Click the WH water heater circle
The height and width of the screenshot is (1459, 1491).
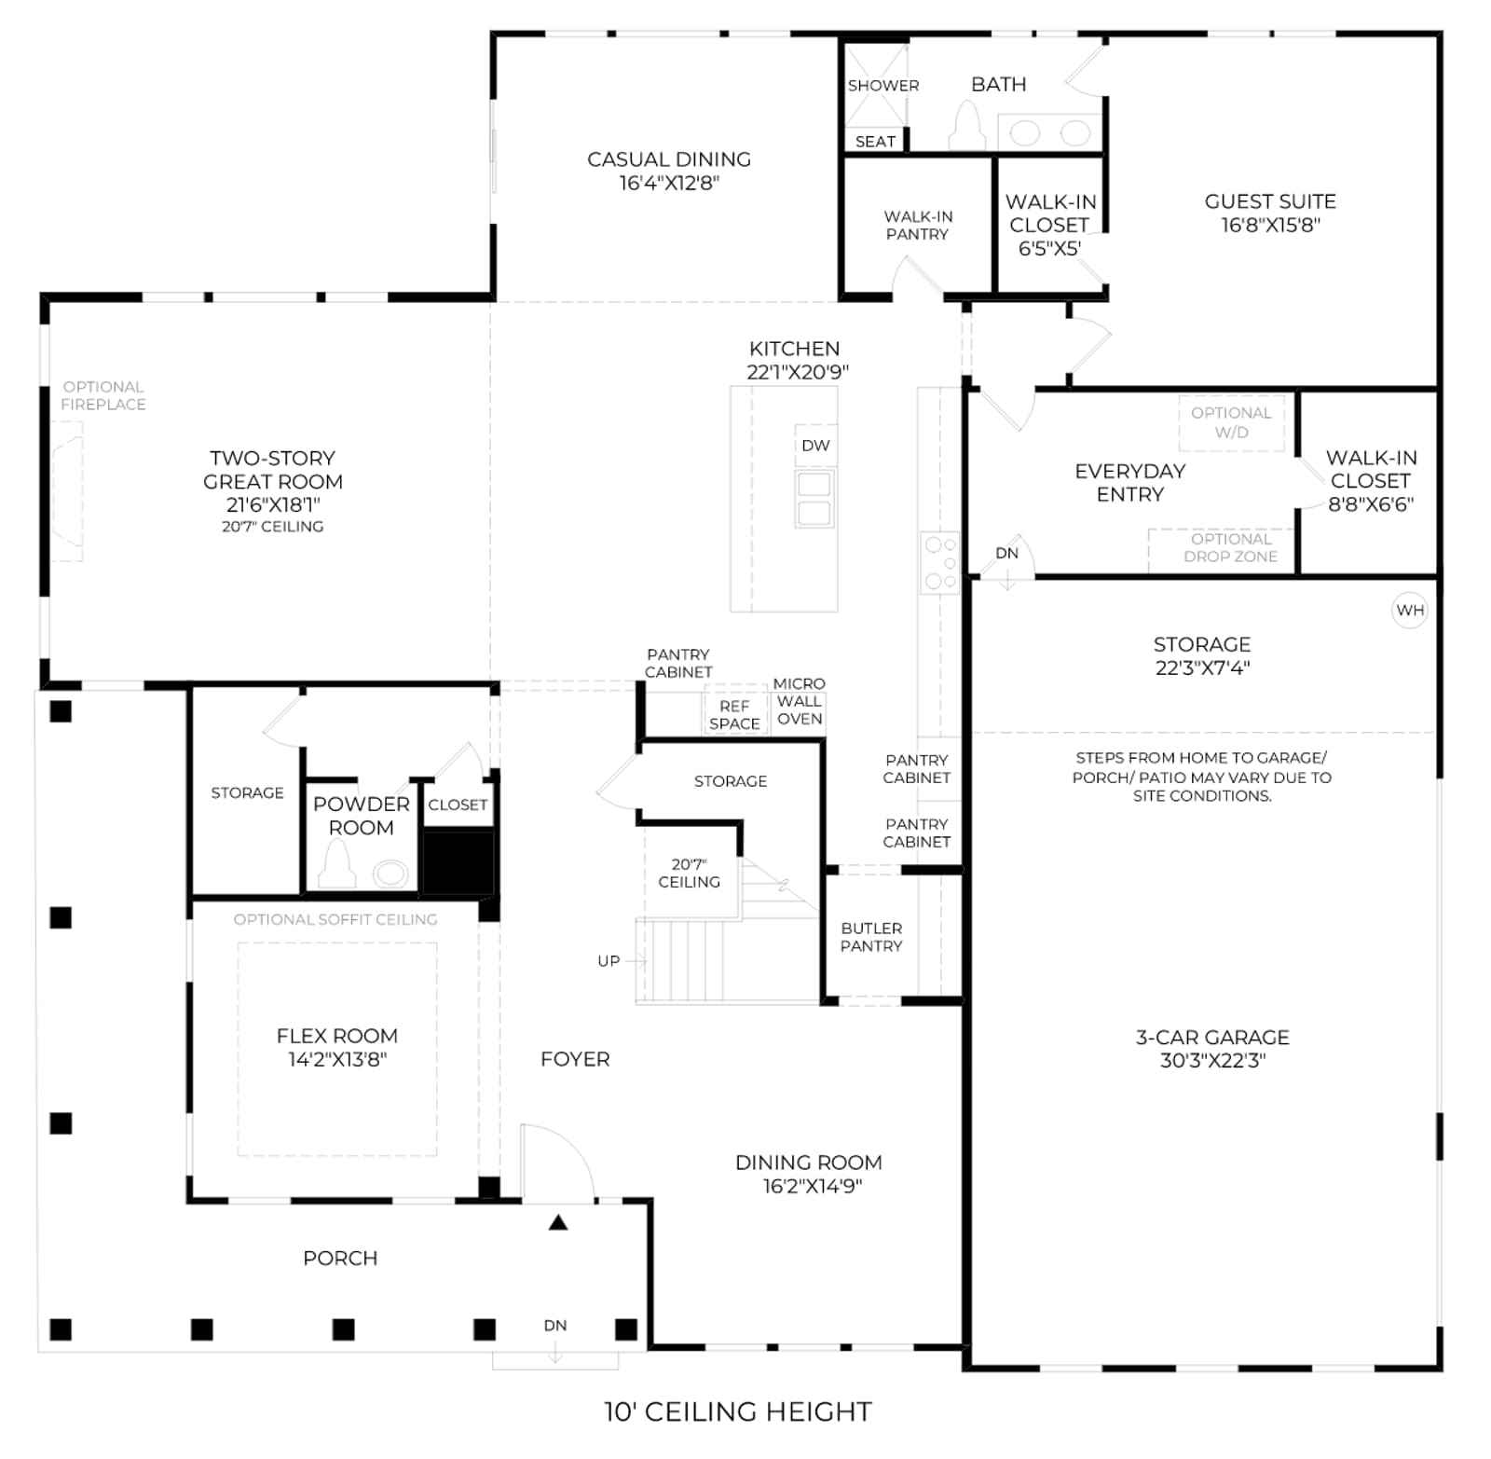tap(1410, 611)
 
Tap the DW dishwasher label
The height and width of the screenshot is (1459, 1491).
tap(815, 446)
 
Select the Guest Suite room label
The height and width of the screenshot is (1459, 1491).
tap(1270, 201)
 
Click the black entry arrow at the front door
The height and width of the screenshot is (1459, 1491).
tap(558, 1222)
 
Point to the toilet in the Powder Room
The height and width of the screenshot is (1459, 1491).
tap(336, 864)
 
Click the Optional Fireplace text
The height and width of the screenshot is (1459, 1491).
tap(103, 395)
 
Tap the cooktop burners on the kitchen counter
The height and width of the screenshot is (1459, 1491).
tap(940, 563)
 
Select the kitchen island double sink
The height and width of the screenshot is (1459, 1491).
tap(814, 498)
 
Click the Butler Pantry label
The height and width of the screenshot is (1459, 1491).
tap(871, 937)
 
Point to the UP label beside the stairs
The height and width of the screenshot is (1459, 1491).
tap(609, 961)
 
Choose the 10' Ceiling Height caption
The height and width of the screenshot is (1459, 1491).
tap(738, 1411)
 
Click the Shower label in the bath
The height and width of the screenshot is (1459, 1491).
tap(883, 86)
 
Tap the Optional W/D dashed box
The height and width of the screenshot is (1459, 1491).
tap(1231, 423)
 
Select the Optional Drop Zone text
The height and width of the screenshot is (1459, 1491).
tap(1231, 547)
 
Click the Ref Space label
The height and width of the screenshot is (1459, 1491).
tap(734, 715)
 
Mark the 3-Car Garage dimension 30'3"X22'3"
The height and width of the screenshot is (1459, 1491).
tap(1212, 1060)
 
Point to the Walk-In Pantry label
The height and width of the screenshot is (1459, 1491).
tap(918, 226)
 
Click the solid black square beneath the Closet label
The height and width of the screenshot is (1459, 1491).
tap(458, 863)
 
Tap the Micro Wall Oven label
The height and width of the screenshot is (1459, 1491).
tap(800, 701)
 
